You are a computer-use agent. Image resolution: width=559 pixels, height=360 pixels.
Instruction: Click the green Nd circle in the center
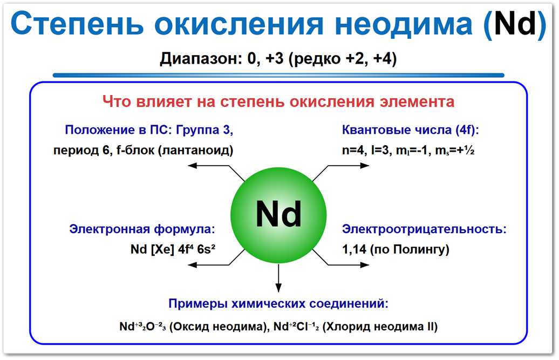[278, 214]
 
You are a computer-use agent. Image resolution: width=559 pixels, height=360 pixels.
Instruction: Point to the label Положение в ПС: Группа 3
[149, 130]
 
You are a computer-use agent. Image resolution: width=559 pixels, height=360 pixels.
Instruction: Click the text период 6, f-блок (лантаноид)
[143, 150]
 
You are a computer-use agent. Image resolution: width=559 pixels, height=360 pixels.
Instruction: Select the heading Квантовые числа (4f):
[411, 130]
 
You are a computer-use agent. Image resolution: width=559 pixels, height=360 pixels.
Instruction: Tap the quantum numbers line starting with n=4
[408, 151]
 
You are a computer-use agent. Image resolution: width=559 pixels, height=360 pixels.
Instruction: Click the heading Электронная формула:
[142, 229]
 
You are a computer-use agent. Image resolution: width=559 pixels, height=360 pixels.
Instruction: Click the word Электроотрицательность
[424, 229]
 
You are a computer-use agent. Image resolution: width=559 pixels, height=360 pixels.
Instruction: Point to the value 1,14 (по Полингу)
[396, 249]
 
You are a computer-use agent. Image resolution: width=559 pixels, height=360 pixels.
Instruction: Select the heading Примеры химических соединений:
[278, 303]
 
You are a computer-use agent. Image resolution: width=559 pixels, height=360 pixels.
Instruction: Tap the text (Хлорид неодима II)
[380, 327]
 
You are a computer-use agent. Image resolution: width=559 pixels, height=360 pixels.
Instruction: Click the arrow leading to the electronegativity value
[340, 262]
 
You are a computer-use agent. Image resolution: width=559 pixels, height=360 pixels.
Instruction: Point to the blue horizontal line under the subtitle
[278, 75]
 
